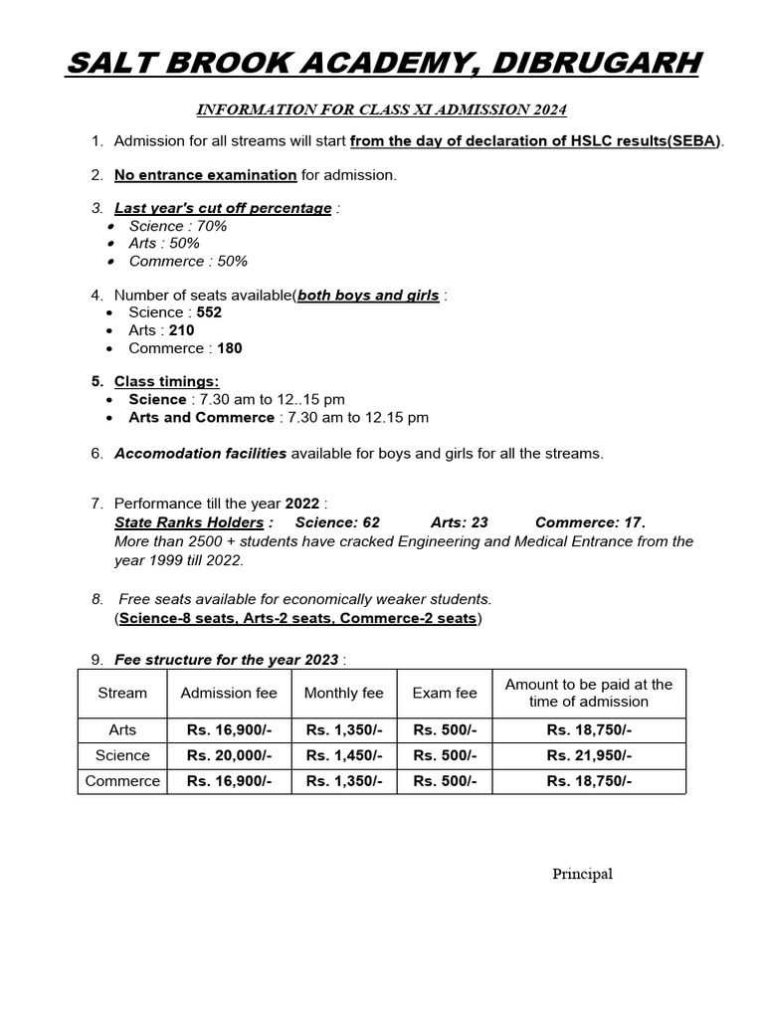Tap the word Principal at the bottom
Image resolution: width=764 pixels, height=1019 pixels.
point(583,874)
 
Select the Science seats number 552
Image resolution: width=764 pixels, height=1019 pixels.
point(209,312)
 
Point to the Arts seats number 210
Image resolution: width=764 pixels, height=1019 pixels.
point(181,330)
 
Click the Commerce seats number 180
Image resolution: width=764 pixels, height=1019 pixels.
point(229,348)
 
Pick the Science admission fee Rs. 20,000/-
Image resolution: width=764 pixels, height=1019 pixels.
point(229,755)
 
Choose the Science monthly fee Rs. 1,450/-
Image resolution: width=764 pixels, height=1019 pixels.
point(344,755)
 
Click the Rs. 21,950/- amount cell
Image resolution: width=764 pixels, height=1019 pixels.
point(589,755)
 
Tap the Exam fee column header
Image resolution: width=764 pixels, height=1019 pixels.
point(445,693)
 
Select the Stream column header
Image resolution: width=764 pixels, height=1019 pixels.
point(122,693)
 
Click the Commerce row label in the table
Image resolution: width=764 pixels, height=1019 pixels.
point(122,781)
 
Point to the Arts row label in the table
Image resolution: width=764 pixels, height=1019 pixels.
point(122,729)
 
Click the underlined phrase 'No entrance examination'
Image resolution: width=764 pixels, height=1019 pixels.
point(205,175)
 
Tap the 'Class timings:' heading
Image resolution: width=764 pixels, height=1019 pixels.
point(167,382)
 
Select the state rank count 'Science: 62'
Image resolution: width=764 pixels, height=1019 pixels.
point(337,522)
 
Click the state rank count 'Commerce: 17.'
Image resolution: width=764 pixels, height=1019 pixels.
point(590,522)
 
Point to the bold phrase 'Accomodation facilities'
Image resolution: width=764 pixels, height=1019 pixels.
point(201,454)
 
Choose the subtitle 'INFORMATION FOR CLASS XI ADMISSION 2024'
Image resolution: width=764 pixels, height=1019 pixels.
point(382,108)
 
